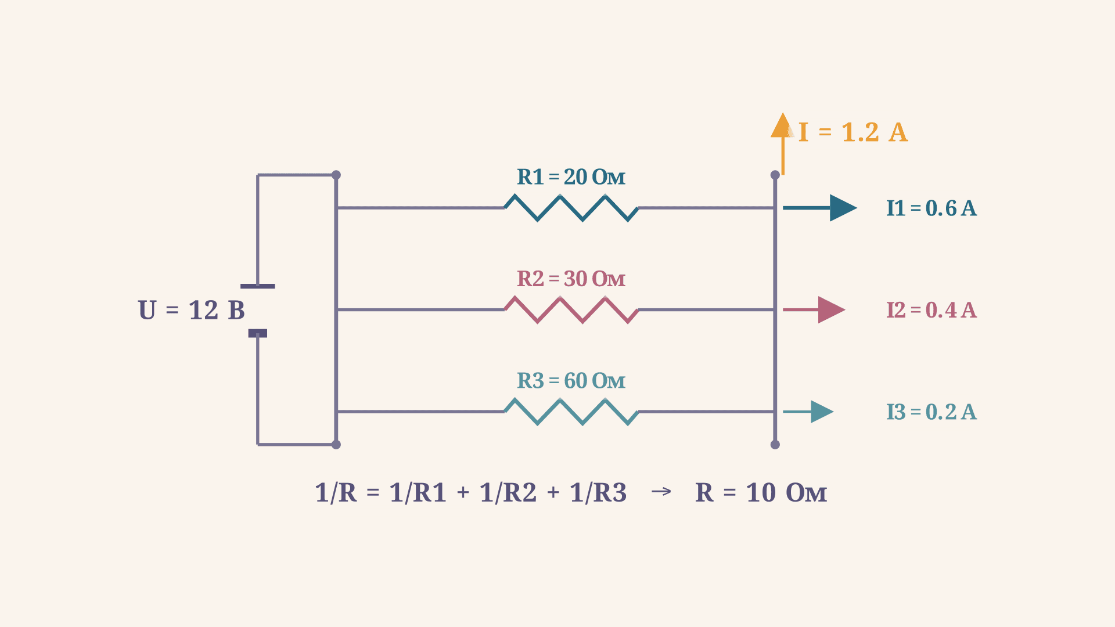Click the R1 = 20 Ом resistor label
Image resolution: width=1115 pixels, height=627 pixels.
pyautogui.click(x=571, y=177)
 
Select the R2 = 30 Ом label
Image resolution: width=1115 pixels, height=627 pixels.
pyautogui.click(x=571, y=279)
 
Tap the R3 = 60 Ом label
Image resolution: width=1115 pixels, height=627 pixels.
pyautogui.click(x=571, y=381)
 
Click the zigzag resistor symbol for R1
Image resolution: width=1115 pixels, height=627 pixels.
pyautogui.click(x=571, y=208)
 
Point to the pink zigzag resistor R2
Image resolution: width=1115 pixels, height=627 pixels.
pyautogui.click(x=571, y=310)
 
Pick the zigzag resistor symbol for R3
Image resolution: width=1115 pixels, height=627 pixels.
pyautogui.click(x=571, y=412)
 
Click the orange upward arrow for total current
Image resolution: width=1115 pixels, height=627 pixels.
pyautogui.click(x=783, y=143)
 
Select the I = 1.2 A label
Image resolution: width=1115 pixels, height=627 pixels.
pyautogui.click(x=853, y=132)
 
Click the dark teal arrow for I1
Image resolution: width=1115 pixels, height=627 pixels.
pyautogui.click(x=820, y=208)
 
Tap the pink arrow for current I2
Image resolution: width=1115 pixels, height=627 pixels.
pyautogui.click(x=814, y=310)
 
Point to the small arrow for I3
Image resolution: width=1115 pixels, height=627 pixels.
pyautogui.click(x=808, y=412)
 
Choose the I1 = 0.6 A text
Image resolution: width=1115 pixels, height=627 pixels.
pyautogui.click(x=931, y=208)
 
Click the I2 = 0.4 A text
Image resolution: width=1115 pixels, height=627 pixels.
pyautogui.click(x=931, y=310)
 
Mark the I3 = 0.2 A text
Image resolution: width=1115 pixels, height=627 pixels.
pyautogui.click(x=931, y=412)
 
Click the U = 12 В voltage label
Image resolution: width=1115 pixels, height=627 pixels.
pyautogui.click(x=191, y=310)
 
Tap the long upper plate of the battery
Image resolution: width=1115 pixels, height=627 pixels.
pyautogui.click(x=258, y=286)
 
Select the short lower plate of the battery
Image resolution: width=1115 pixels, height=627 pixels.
pyautogui.click(x=258, y=333)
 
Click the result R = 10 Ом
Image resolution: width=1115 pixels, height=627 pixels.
pyautogui.click(x=761, y=493)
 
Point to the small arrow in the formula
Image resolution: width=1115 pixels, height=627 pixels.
pyautogui.click(x=661, y=492)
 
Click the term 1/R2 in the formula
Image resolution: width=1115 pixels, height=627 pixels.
pyautogui.click(x=508, y=493)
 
